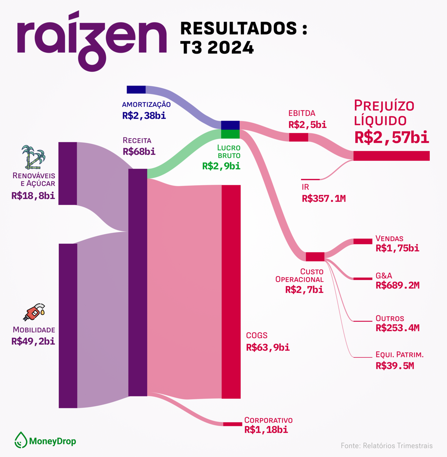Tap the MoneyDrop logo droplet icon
click(21, 440)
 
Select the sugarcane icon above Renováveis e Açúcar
click(33, 158)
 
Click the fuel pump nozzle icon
click(34, 312)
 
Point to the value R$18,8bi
click(33, 196)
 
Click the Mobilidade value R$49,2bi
click(33, 342)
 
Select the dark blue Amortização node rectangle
click(136, 90)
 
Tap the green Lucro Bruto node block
click(230, 134)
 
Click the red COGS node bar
click(231, 292)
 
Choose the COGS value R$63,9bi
click(268, 347)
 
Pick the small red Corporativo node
click(232, 424)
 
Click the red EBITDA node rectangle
click(299, 137)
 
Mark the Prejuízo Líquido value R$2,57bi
click(392, 137)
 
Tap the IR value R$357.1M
click(323, 198)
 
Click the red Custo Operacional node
click(315, 257)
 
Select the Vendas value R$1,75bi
click(397, 248)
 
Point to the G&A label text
click(384, 276)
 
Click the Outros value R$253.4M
click(397, 328)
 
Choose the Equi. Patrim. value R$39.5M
click(395, 366)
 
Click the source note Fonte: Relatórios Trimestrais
click(386, 446)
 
